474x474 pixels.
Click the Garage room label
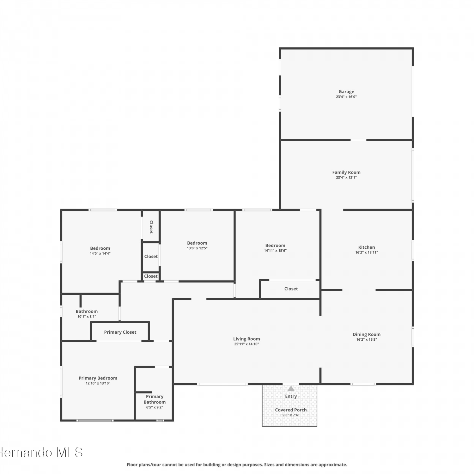click(x=346, y=92)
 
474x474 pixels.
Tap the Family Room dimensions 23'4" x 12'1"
click(x=346, y=178)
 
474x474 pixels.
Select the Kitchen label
click(x=367, y=247)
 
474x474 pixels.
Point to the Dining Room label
click(x=367, y=334)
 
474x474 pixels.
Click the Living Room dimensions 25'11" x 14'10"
click(x=246, y=344)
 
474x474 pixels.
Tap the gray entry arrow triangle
click(x=291, y=389)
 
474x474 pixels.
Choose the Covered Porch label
click(x=291, y=410)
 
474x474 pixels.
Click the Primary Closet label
click(x=120, y=332)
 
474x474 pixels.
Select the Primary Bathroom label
click(x=155, y=399)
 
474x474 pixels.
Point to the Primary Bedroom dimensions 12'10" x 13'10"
click(x=98, y=383)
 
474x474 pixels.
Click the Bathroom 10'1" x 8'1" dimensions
click(x=87, y=317)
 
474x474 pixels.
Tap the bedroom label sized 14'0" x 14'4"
click(x=100, y=248)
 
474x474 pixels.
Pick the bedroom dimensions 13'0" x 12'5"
click(x=197, y=248)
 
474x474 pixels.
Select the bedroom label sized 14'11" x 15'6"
click(x=275, y=246)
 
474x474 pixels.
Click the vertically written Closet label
click(x=151, y=227)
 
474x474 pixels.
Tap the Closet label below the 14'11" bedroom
click(x=291, y=289)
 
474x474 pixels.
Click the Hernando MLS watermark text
click(x=41, y=453)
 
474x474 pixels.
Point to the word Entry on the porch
click(x=291, y=396)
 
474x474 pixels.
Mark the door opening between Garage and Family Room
click(x=358, y=140)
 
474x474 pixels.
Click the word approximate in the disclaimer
click(x=333, y=465)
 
